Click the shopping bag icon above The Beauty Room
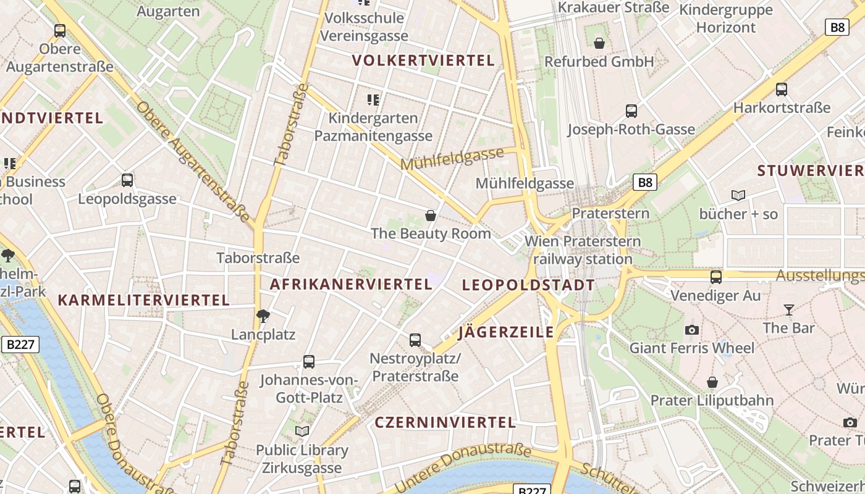coord(431,216)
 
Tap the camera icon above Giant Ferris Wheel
coord(692,330)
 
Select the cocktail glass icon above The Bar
coord(789,309)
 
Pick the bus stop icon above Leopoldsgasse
coord(127,180)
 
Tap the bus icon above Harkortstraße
coord(782,90)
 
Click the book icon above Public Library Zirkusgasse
coord(302,431)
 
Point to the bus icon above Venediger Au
coord(716,277)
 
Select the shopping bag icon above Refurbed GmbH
coord(599,43)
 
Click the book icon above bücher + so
coord(738,196)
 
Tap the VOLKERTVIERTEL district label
coord(424,61)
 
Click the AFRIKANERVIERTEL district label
coord(351,284)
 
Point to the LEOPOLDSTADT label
coord(528,285)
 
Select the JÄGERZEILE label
coord(507,332)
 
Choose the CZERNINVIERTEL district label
coord(445,422)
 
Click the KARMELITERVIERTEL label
coord(143,300)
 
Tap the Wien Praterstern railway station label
coord(583,250)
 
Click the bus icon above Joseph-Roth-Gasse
coord(631,111)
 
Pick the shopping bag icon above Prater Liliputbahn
coord(712,382)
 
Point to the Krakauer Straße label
coord(614,7)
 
